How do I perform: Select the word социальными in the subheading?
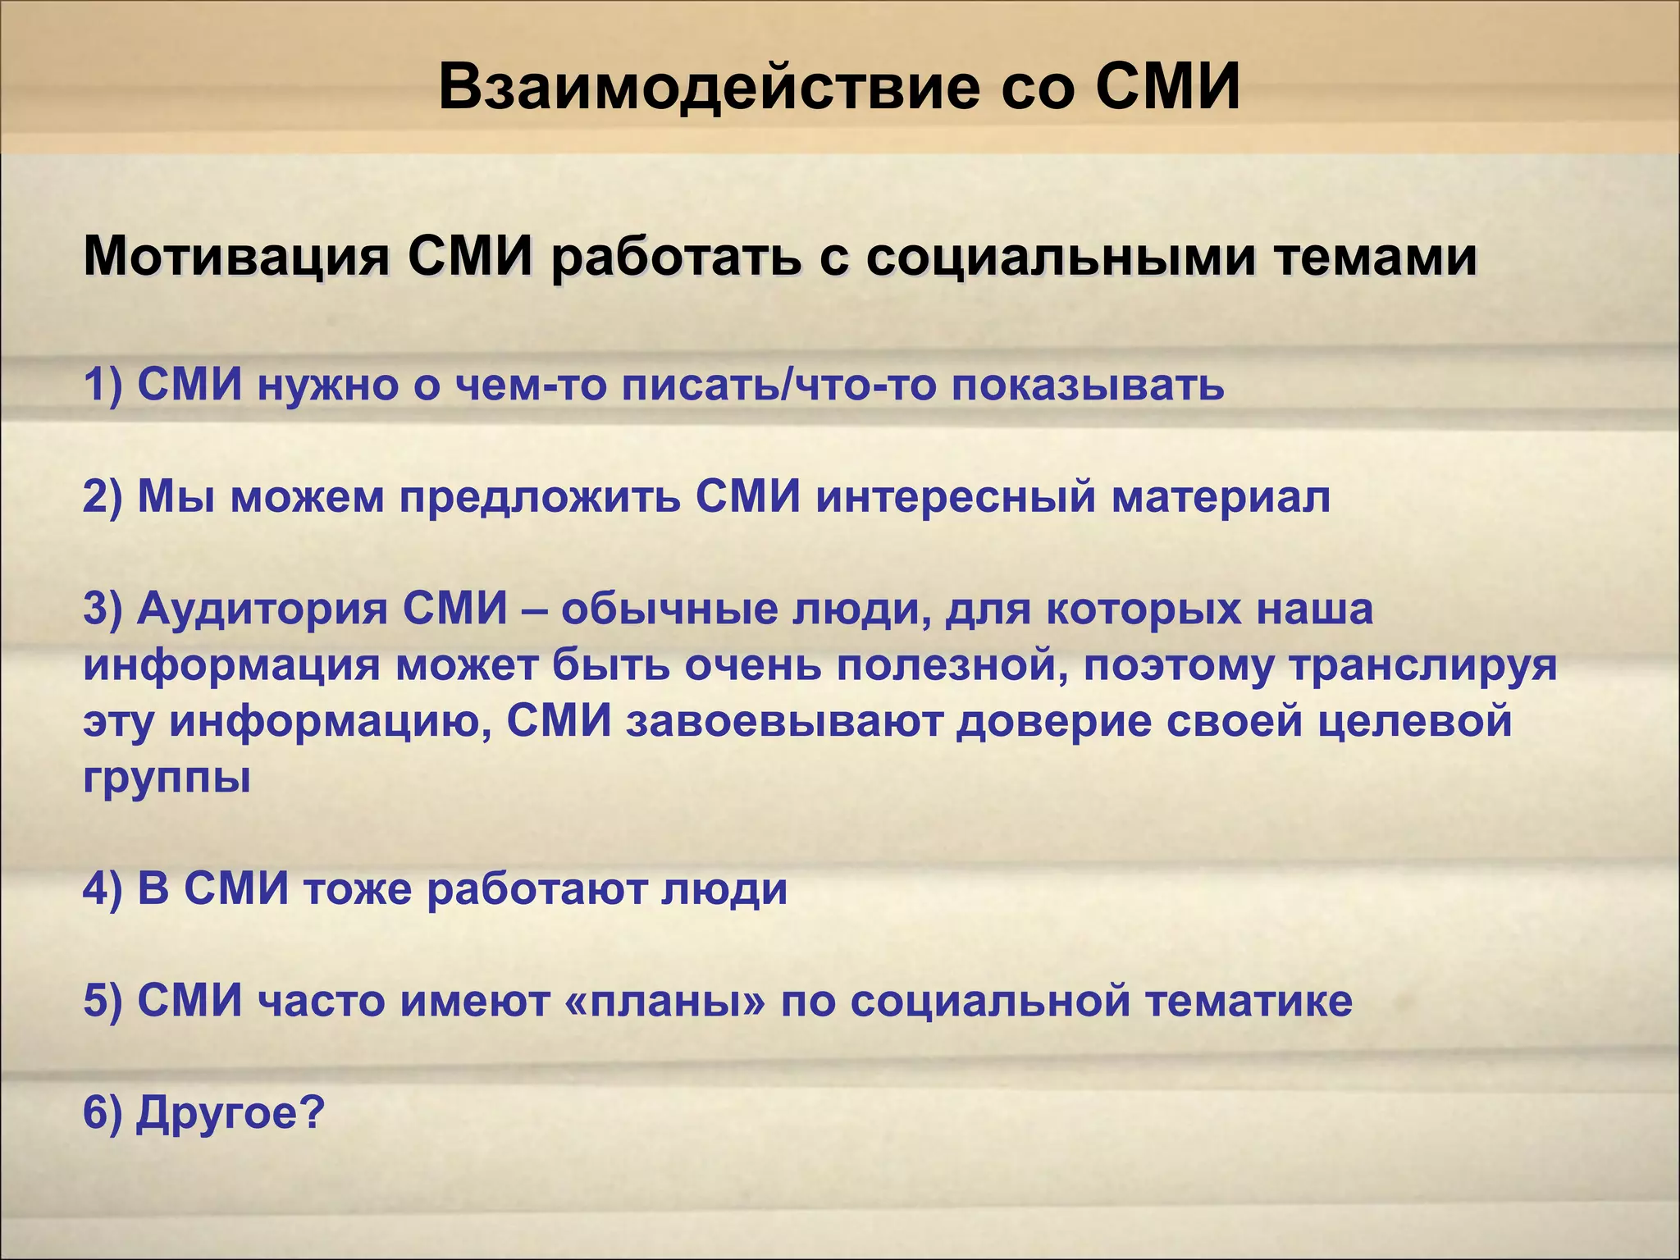coord(1059,258)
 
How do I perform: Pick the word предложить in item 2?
coord(541,498)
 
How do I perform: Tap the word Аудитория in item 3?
coord(262,610)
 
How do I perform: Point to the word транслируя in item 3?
coord(1422,666)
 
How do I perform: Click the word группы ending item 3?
coord(167,778)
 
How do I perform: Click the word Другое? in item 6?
coord(231,1115)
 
